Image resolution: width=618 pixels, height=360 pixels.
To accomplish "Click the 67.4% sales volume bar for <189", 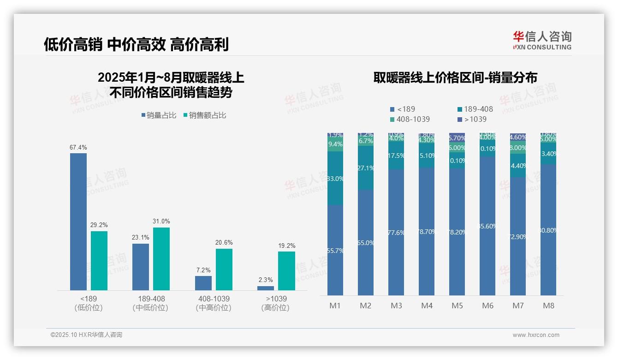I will coord(78,222).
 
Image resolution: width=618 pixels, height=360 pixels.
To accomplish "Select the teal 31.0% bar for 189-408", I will coord(161,259).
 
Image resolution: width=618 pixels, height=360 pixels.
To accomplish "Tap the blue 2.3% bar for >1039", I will coord(266,288).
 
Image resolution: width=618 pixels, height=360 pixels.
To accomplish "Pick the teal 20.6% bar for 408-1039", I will coord(224,270).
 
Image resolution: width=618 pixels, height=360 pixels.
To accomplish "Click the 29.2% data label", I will coord(99,225).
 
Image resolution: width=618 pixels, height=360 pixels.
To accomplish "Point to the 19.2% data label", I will coord(286,246).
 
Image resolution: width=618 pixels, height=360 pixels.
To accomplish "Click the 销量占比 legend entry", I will coord(159,115).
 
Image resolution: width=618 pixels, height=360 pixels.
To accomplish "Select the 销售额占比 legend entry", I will coord(205,115).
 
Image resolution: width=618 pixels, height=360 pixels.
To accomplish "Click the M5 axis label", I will coord(457,306).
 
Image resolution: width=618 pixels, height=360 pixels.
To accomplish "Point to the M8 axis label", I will coord(548,306).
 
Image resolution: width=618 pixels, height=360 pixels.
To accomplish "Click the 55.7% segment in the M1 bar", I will coord(335,250).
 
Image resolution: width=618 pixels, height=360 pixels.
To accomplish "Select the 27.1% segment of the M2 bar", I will coord(365,168).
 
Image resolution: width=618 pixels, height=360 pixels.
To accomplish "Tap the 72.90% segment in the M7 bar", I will coord(518,236).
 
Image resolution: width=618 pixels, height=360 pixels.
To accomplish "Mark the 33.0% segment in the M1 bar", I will coord(335,178).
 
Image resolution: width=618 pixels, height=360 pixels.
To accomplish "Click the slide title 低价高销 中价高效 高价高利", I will coord(136,45).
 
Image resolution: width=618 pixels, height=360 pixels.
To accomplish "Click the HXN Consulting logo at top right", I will coord(542,41).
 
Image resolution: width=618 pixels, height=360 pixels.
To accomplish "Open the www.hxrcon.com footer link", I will coord(536,335).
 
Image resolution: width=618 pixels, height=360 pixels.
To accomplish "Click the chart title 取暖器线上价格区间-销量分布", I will coord(455,78).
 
